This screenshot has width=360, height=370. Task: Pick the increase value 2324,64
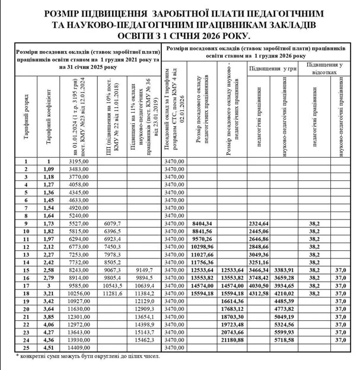tap(260, 224)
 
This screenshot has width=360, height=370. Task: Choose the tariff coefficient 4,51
tap(50, 348)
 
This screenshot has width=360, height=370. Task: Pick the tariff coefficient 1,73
tap(50, 224)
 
